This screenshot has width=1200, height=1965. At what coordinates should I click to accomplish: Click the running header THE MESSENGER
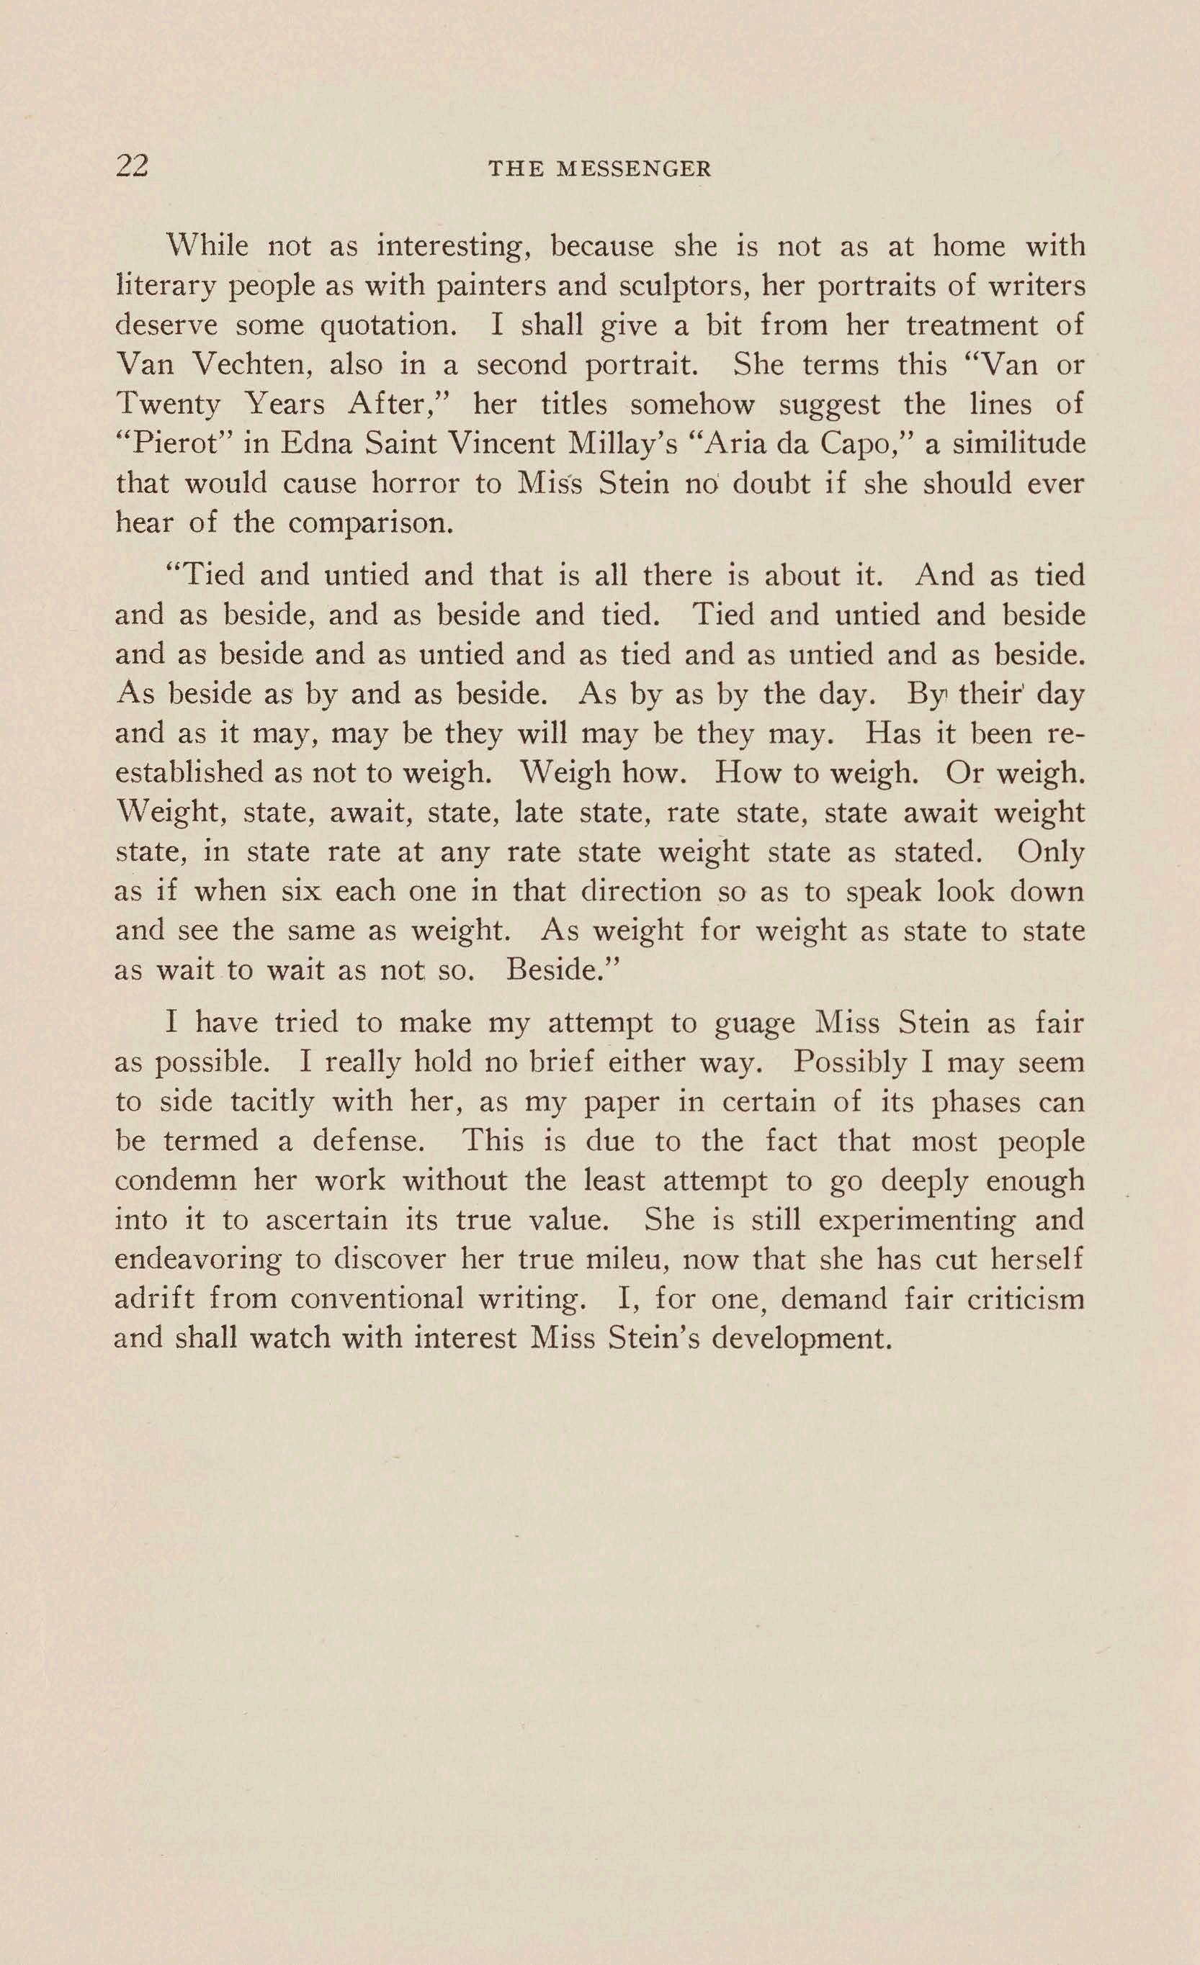(599, 169)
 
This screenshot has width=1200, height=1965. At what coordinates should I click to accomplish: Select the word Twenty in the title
(168, 405)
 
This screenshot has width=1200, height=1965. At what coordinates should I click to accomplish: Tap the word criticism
(1025, 1299)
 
